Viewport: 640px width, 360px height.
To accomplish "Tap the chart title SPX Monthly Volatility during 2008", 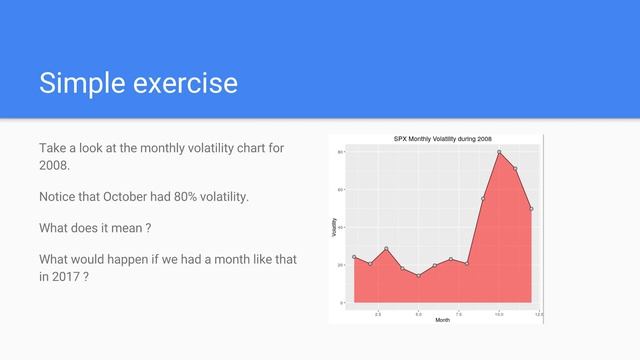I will [x=440, y=138].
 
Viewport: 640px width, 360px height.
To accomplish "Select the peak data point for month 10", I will [x=499, y=152].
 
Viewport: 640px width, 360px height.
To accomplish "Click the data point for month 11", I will [x=515, y=169].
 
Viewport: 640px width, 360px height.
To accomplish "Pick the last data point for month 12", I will [x=531, y=209].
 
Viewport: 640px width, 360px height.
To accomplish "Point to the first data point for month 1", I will [x=354, y=257].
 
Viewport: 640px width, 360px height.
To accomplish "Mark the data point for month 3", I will [x=386, y=249].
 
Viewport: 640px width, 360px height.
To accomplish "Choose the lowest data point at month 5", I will [x=418, y=275].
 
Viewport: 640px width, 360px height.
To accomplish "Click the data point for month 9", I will [x=483, y=198].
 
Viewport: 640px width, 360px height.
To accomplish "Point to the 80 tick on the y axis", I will [x=340, y=152].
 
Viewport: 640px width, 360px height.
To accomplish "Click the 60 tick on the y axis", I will [x=340, y=189].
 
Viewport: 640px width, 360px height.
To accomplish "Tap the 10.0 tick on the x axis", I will [x=499, y=313].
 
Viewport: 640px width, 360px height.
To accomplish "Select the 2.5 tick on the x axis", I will [x=378, y=313].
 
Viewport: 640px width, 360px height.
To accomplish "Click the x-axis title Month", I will [x=442, y=320].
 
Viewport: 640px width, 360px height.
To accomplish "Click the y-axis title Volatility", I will [x=334, y=227].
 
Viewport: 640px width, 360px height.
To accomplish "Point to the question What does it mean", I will [x=94, y=229].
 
